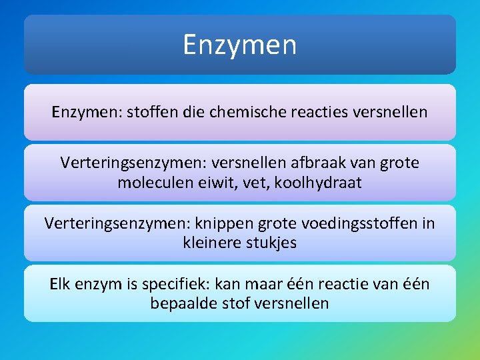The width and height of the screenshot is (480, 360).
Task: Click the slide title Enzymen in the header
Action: [x=240, y=45]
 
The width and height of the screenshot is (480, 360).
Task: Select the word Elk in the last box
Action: [x=62, y=284]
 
